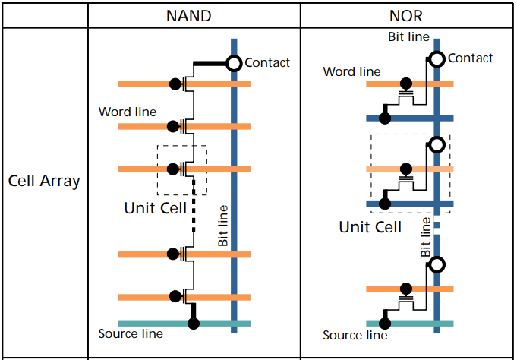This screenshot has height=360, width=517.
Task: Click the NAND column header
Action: coord(194,15)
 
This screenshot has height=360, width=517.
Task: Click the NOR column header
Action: coord(407,15)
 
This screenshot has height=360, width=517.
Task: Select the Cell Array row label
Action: coord(44,182)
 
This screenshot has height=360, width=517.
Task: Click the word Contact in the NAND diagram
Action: coord(267,63)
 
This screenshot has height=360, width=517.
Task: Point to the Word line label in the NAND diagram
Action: coord(128,112)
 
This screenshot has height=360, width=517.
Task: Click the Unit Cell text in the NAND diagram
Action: coord(155,207)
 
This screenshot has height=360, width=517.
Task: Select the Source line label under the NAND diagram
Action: coord(131,333)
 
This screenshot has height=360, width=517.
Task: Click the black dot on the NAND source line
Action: coord(194,323)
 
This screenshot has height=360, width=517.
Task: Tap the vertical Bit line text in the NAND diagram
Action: coord(223,225)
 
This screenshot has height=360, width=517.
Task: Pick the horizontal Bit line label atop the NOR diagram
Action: coord(408,36)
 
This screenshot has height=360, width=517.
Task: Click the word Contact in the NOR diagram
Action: coord(471,58)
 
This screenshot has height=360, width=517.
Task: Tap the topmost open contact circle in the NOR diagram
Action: coord(437,58)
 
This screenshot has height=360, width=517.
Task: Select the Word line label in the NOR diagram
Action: coord(351,72)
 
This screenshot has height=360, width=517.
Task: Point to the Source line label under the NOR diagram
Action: coord(355,335)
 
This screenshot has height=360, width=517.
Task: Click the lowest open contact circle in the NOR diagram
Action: coord(437,264)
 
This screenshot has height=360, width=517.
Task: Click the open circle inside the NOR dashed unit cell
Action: coord(437,144)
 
